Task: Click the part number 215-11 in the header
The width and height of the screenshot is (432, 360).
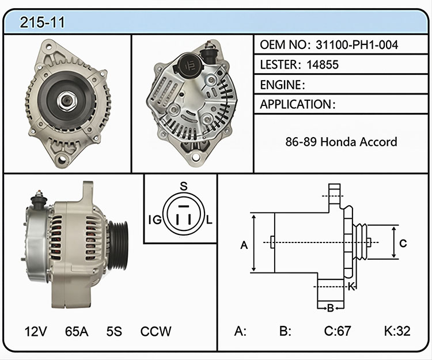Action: pos(42,22)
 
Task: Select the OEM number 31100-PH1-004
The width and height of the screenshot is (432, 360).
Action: pos(357,44)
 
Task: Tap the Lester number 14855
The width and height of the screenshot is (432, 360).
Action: pos(323,65)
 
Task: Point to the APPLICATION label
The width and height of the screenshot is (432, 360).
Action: pos(296,104)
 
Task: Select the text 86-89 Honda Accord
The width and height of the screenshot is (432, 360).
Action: pos(341,142)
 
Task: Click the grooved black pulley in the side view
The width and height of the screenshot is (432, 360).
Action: pos(118,245)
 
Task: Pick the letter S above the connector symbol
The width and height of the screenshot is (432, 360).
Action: pos(184,187)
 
